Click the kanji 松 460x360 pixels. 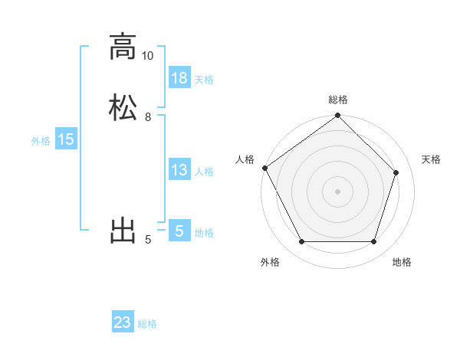click(123, 107)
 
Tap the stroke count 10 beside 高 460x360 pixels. click(147, 56)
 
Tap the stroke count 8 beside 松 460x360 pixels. click(147, 117)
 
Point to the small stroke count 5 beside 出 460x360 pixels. click(148, 240)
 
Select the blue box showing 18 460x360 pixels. click(179, 78)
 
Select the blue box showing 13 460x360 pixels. click(179, 170)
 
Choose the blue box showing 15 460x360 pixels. click(66, 139)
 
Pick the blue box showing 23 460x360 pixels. click(123, 322)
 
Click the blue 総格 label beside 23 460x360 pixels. click(148, 324)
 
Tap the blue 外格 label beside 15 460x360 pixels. click(41, 141)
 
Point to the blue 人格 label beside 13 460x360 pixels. click(204, 172)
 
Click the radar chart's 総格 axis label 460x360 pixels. click(338, 100)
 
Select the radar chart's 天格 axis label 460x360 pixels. click(432, 159)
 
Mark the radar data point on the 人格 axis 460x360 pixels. click(264, 168)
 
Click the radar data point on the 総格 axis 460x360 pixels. click(337, 116)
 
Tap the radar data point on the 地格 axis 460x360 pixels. click(374, 242)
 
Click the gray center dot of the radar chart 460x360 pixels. click(337, 191)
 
